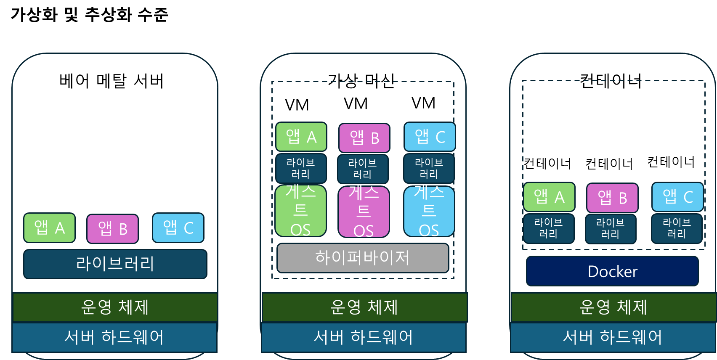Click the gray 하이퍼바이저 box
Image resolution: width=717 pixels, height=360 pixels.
pyautogui.click(x=363, y=258)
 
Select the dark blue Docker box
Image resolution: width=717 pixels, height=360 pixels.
pyautogui.click(x=612, y=271)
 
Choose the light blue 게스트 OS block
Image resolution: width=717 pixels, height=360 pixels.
pyautogui.click(x=429, y=212)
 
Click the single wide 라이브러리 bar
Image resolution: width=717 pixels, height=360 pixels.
pyautogui.click(x=115, y=264)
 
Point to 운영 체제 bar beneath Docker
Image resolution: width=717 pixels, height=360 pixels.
pyautogui.click(x=613, y=307)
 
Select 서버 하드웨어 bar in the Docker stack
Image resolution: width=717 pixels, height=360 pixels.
pyautogui.click(x=613, y=337)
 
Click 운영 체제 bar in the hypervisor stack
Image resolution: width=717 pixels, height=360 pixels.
pyautogui.click(x=364, y=307)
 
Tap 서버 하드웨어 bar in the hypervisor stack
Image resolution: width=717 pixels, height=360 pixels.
pyautogui.click(x=364, y=337)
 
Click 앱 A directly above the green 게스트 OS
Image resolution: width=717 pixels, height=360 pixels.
pyautogui.click(x=301, y=137)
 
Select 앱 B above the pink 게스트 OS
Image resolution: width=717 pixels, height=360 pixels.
pyautogui.click(x=364, y=138)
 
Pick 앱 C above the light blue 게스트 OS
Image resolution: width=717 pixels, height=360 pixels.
pyautogui.click(x=430, y=137)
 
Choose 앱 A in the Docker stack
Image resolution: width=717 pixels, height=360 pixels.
pyautogui.click(x=549, y=197)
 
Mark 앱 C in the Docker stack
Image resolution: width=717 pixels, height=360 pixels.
pyautogui.click(x=677, y=197)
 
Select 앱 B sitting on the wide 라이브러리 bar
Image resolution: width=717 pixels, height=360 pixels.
pyautogui.click(x=112, y=229)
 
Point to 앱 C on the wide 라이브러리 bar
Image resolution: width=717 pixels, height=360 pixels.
pyautogui.click(x=178, y=228)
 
